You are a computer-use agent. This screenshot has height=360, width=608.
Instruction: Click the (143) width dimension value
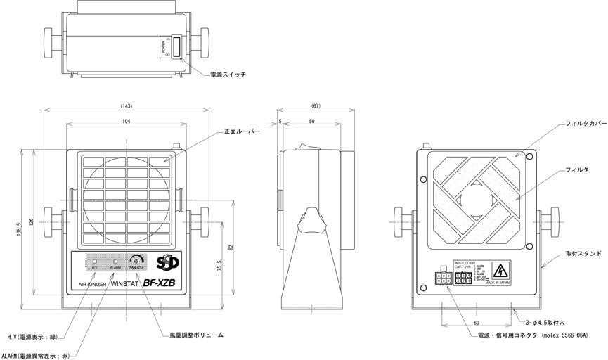pyautogui.click(x=127, y=105)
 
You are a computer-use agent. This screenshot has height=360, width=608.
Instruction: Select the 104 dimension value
pyautogui.click(x=127, y=122)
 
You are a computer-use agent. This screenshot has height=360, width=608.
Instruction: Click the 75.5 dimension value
pyautogui.click(x=219, y=268)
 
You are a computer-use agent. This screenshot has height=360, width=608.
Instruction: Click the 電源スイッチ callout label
pyautogui.click(x=228, y=74)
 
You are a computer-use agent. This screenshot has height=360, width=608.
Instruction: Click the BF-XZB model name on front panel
pyautogui.click(x=160, y=285)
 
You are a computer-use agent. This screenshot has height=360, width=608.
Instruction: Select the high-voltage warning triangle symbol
pyautogui.click(x=500, y=269)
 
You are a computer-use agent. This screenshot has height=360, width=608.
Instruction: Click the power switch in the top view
pyautogui.click(x=176, y=49)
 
